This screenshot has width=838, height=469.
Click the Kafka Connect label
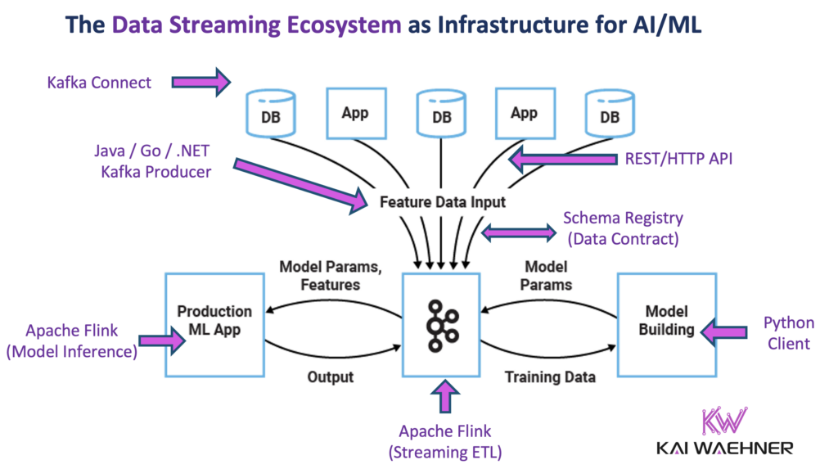click(x=99, y=82)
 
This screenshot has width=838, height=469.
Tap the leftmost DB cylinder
click(x=269, y=115)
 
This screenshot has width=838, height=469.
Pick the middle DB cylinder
click(x=440, y=115)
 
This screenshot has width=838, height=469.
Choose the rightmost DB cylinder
click(x=609, y=115)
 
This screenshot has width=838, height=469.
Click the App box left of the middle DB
click(x=354, y=113)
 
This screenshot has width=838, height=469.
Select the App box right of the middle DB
click(x=524, y=113)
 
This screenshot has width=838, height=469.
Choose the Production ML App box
click(x=214, y=325)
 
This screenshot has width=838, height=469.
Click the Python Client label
click(x=786, y=332)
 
